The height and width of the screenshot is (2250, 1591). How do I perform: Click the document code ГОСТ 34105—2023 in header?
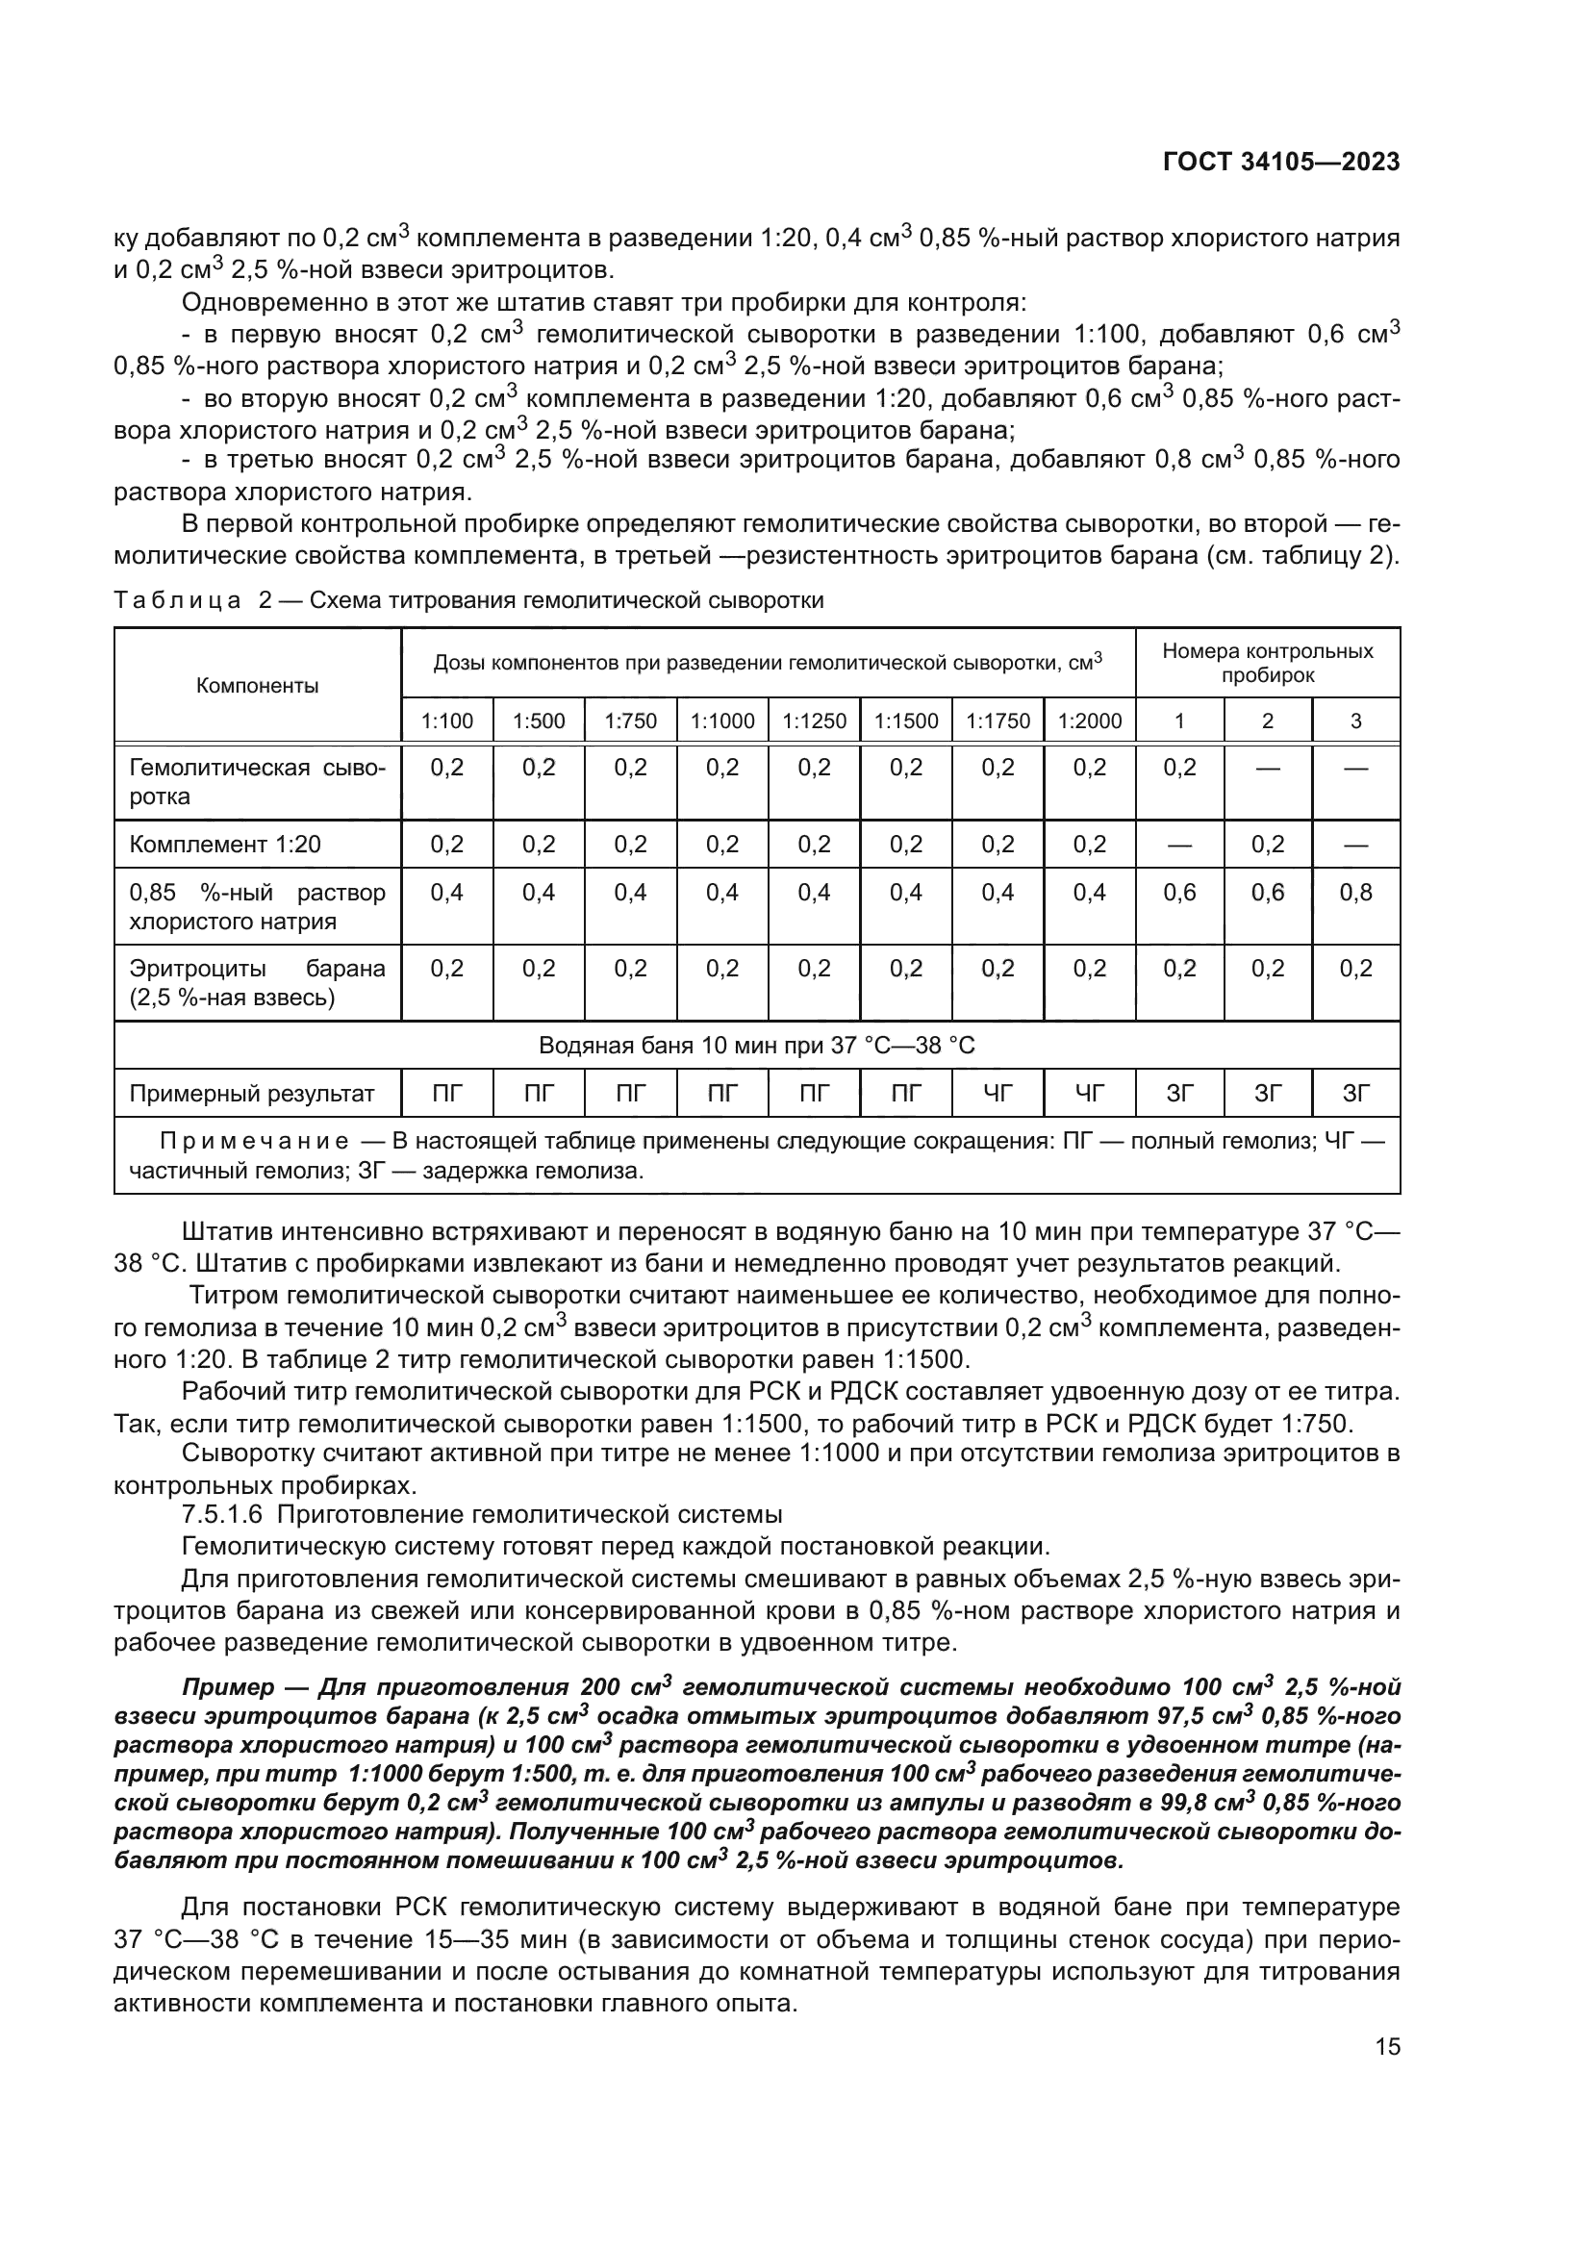[x=1280, y=162]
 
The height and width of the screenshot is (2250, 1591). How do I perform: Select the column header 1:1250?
[x=814, y=721]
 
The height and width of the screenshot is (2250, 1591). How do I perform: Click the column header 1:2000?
[x=1090, y=721]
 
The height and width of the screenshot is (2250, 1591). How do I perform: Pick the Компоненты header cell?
[x=258, y=685]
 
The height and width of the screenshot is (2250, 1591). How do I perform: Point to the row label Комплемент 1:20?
[x=225, y=844]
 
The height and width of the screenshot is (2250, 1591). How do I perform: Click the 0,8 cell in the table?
[x=1356, y=892]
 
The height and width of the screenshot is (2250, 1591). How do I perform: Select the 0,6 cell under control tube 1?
[x=1179, y=892]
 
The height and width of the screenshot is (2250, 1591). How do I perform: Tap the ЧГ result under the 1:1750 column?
[x=998, y=1094]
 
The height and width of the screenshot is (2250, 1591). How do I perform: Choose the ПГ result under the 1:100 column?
[x=446, y=1094]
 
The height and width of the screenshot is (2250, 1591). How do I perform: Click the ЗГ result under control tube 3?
[x=1356, y=1094]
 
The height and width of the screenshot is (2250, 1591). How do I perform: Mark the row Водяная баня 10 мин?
[x=756, y=1046]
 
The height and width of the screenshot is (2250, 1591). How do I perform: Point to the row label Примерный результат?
[x=252, y=1094]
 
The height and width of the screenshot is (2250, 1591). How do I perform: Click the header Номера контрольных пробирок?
[x=1268, y=663]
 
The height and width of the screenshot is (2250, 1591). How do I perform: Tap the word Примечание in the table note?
[x=254, y=1142]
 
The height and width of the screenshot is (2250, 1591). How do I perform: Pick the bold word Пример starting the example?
[x=228, y=1686]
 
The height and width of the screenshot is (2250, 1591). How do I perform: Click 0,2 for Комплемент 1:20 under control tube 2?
[x=1268, y=844]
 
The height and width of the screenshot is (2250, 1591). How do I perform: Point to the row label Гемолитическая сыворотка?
[x=258, y=781]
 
